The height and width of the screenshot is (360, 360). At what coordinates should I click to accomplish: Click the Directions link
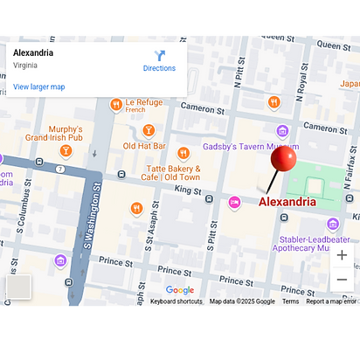click(159, 61)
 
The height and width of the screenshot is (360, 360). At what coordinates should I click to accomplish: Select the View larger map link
click(38, 87)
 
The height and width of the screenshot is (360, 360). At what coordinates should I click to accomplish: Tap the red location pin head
click(283, 159)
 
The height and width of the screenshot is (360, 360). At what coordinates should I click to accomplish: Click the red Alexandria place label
click(300, 202)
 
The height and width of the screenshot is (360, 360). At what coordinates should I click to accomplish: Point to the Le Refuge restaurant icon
click(115, 105)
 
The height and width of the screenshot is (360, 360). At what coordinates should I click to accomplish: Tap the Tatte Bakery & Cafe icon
click(183, 153)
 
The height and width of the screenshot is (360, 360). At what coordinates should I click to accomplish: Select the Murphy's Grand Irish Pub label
click(54, 133)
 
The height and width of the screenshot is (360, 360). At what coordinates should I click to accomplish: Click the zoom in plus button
click(342, 255)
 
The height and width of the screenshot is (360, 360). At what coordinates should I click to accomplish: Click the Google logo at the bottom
click(180, 290)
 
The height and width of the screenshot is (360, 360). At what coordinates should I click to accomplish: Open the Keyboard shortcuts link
click(176, 301)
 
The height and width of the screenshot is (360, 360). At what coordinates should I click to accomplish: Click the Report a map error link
click(330, 301)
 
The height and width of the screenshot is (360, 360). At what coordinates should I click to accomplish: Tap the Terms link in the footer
click(290, 301)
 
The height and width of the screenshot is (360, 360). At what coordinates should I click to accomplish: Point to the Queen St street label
click(334, 45)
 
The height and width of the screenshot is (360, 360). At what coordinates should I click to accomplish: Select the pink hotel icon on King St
click(234, 202)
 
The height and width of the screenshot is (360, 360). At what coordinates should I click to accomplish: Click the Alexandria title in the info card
click(33, 52)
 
